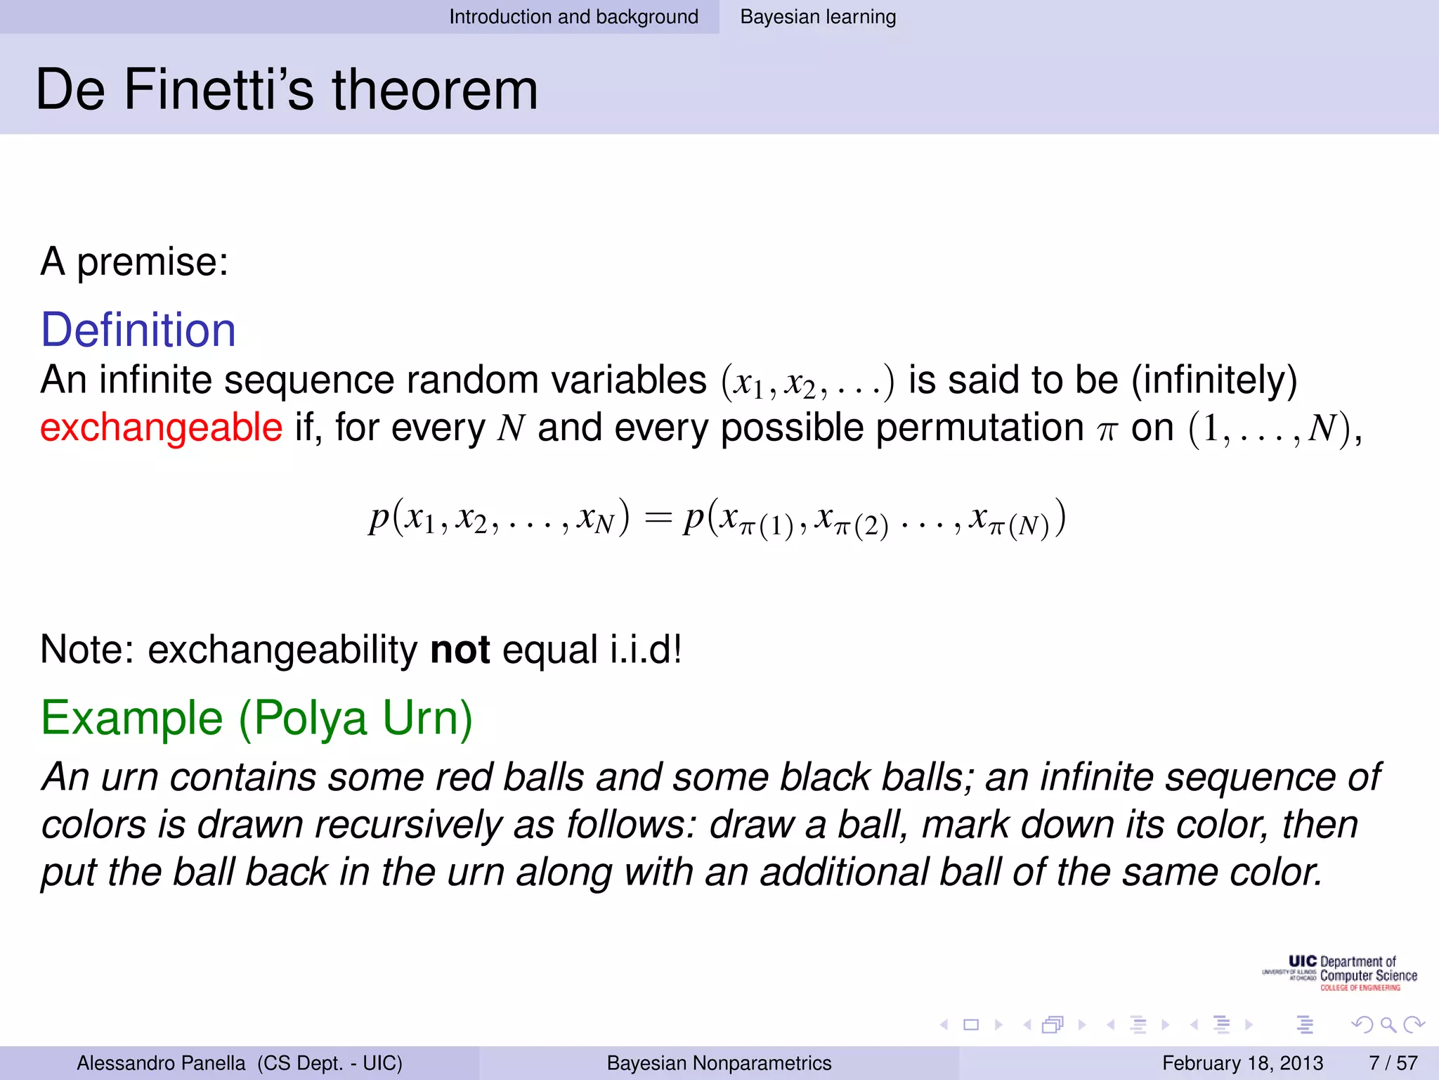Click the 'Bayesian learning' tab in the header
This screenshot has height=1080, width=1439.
818,17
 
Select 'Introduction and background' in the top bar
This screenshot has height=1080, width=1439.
573,17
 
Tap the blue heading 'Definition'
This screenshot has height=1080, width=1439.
138,330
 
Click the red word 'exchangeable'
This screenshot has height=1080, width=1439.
161,427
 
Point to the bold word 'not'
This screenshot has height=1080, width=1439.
460,649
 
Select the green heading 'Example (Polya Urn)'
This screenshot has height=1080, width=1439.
256,718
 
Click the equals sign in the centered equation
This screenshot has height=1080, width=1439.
658,518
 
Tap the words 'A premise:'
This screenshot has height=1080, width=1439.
134,262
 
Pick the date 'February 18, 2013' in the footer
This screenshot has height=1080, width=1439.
1242,1062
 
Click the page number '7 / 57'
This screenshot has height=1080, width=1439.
1393,1062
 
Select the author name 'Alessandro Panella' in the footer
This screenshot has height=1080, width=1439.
161,1062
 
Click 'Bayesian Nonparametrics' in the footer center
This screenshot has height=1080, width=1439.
719,1062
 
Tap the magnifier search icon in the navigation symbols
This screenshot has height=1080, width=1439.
1388,1024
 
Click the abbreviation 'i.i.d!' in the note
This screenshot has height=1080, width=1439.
645,649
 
